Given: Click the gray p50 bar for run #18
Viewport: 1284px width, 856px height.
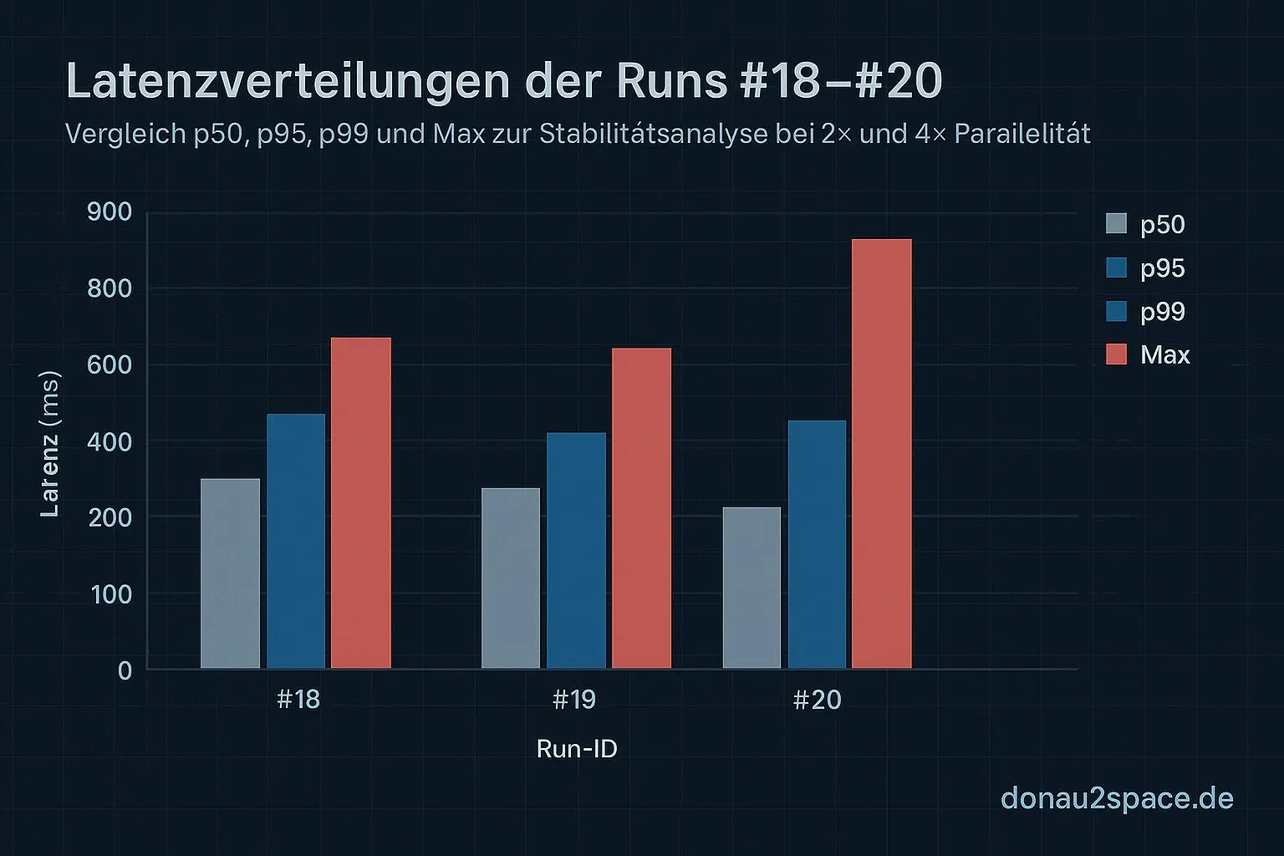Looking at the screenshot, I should [x=231, y=573].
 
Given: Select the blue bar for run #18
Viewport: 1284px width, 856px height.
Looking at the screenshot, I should [x=296, y=541].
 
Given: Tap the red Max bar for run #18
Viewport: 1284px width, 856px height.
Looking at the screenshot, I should [x=361, y=502].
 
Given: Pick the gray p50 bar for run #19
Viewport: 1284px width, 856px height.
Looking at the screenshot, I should [x=511, y=578].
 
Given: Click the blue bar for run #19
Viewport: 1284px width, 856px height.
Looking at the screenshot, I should [x=576, y=550].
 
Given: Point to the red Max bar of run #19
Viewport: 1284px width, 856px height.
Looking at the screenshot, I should [x=641, y=507].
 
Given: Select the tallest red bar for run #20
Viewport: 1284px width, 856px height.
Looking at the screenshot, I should [x=881, y=453].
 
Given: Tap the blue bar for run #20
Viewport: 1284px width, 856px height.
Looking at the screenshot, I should [x=817, y=543].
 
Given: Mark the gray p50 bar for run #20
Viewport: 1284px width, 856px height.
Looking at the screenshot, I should [x=752, y=588].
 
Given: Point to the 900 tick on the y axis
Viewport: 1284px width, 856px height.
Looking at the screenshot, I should [x=110, y=211].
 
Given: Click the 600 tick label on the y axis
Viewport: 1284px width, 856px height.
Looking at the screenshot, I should [x=110, y=364].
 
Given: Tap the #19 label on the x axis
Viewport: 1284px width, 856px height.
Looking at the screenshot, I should [x=574, y=699].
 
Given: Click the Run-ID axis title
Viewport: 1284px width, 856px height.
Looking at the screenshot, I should [x=577, y=748].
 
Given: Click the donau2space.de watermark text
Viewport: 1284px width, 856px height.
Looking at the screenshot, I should [x=1117, y=797].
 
